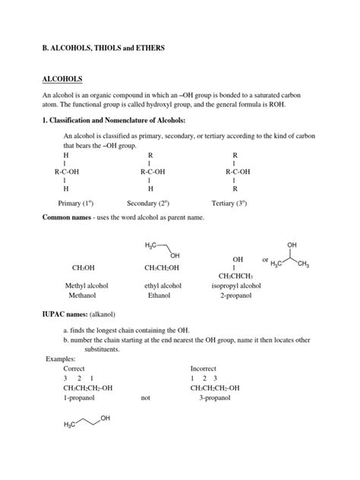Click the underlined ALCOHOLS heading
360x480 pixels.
(62, 79)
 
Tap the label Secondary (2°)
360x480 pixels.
(149, 204)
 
